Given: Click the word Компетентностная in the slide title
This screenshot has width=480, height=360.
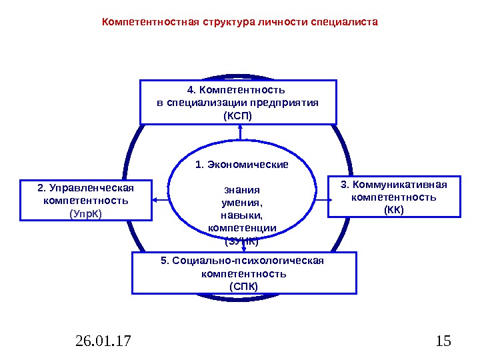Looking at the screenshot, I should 140,22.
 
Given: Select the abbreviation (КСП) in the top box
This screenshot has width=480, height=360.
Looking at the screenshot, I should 238,115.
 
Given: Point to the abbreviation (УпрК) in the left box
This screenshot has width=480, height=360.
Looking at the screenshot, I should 86,213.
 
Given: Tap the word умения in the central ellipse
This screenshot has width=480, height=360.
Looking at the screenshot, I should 242,202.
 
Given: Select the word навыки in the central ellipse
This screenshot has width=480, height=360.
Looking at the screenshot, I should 242,215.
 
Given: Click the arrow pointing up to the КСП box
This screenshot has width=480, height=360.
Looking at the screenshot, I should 240,133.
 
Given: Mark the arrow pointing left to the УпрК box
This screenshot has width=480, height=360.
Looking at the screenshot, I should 160,199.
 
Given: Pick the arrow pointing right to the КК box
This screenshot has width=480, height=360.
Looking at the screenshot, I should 321,199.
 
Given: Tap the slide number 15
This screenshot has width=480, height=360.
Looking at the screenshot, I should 443,342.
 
